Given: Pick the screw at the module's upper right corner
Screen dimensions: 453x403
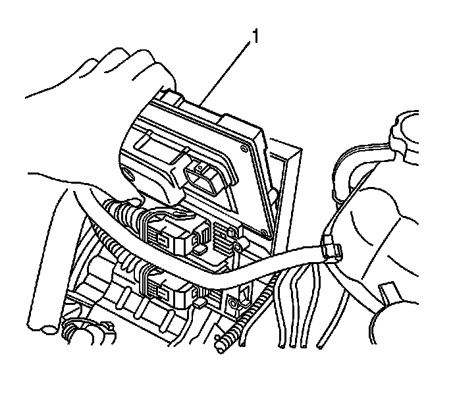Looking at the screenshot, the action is (x=247, y=150).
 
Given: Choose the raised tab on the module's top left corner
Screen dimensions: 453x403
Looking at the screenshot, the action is (x=167, y=98).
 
